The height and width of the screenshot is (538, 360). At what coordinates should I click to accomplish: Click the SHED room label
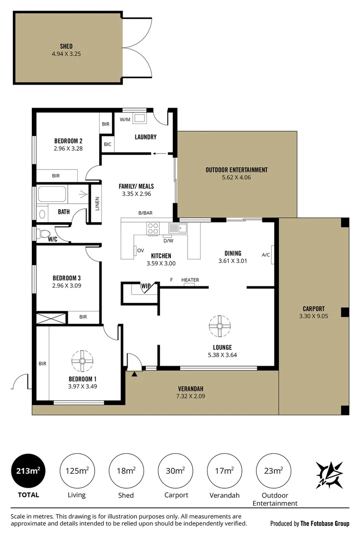pyautogui.click(x=66, y=46)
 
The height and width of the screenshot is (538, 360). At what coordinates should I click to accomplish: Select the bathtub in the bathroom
pyautogui.click(x=52, y=194)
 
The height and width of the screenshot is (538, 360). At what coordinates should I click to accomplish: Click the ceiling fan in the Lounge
pyautogui.click(x=220, y=326)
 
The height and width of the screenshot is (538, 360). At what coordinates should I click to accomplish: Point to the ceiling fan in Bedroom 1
pyautogui.click(x=82, y=361)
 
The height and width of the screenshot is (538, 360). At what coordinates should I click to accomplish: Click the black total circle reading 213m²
pyautogui.click(x=28, y=471)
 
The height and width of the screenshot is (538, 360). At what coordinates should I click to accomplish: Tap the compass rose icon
pyautogui.click(x=329, y=475)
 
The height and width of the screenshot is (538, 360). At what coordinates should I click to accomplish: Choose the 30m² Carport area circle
pyautogui.click(x=176, y=471)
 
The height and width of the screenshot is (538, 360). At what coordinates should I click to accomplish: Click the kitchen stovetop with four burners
pyautogui.click(x=153, y=229)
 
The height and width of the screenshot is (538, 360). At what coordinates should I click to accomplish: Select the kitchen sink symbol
pyautogui.click(x=178, y=228)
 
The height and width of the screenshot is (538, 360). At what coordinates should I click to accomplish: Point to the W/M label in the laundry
pyautogui.click(x=125, y=120)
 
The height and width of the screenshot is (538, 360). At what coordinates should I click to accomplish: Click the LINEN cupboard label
pyautogui.click(x=98, y=203)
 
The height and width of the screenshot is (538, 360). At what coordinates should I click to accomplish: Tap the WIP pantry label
pyautogui.click(x=146, y=286)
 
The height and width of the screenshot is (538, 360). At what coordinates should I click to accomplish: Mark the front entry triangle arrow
pyautogui.click(x=134, y=374)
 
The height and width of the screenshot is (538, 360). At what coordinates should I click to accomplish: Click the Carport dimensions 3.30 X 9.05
pyautogui.click(x=313, y=316)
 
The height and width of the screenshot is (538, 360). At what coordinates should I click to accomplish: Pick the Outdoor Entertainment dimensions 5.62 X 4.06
pyautogui.click(x=236, y=177)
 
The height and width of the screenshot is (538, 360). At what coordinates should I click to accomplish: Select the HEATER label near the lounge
pyautogui.click(x=190, y=280)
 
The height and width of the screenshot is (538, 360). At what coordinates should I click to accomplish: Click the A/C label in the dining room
pyautogui.click(x=266, y=255)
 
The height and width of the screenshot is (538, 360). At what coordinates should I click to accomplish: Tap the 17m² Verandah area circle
pyautogui.click(x=225, y=471)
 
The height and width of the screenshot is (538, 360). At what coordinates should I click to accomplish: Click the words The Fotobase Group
pyautogui.click(x=325, y=524)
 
